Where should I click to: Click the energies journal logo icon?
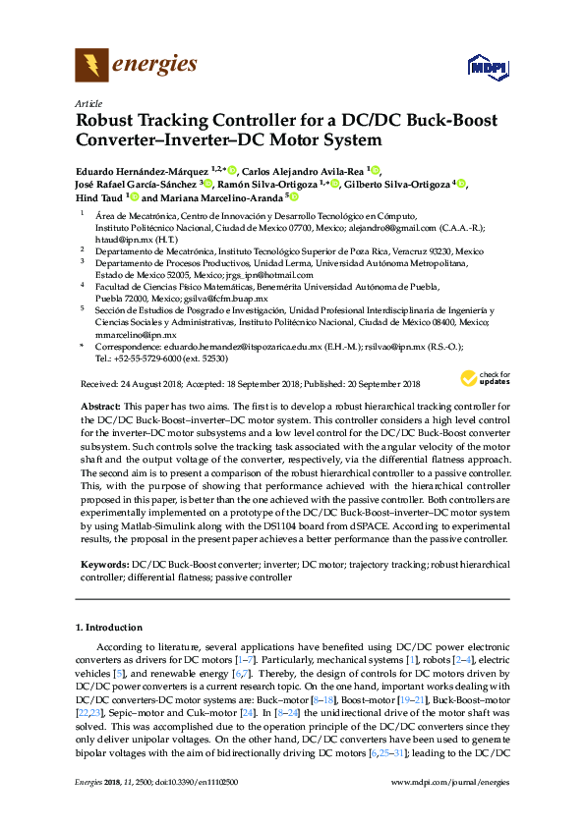91,66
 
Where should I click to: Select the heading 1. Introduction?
108,627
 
